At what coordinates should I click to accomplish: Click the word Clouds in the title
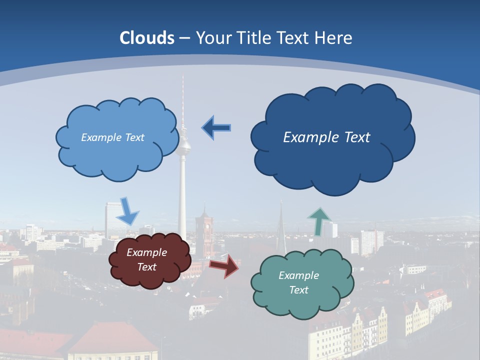[147, 38]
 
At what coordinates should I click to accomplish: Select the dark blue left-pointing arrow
[216, 128]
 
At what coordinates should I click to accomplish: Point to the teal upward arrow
[318, 221]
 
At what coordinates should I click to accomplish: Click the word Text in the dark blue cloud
[353, 137]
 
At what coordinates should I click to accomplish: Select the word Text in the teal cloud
[299, 290]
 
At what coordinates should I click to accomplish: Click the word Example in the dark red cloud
[146, 252]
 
